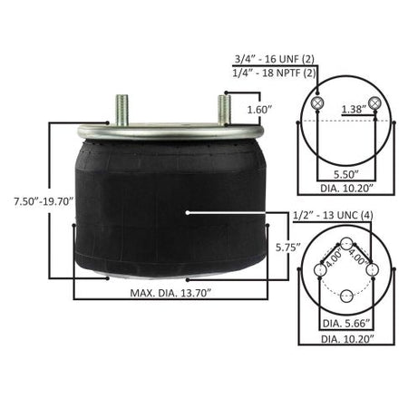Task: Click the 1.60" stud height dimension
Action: click(x=258, y=110)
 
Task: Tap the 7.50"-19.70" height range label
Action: click(x=44, y=201)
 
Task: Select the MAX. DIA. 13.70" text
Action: click(x=170, y=293)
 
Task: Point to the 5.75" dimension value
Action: click(x=288, y=248)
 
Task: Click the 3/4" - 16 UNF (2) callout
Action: click(x=275, y=59)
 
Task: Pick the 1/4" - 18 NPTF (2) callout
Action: click(x=274, y=73)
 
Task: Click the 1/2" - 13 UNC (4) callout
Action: click(x=333, y=216)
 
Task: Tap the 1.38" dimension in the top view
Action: click(x=354, y=109)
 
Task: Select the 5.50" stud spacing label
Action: click(x=346, y=174)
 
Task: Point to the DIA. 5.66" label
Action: click(x=346, y=324)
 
